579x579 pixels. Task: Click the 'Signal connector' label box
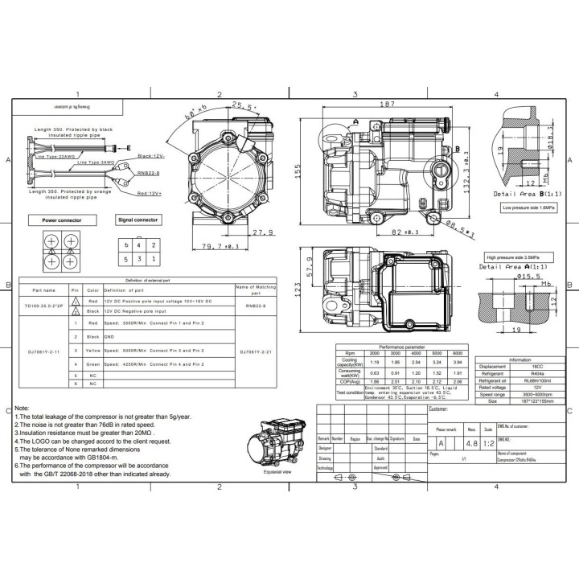coord(138,219)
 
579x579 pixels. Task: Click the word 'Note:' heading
coord(23,409)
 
